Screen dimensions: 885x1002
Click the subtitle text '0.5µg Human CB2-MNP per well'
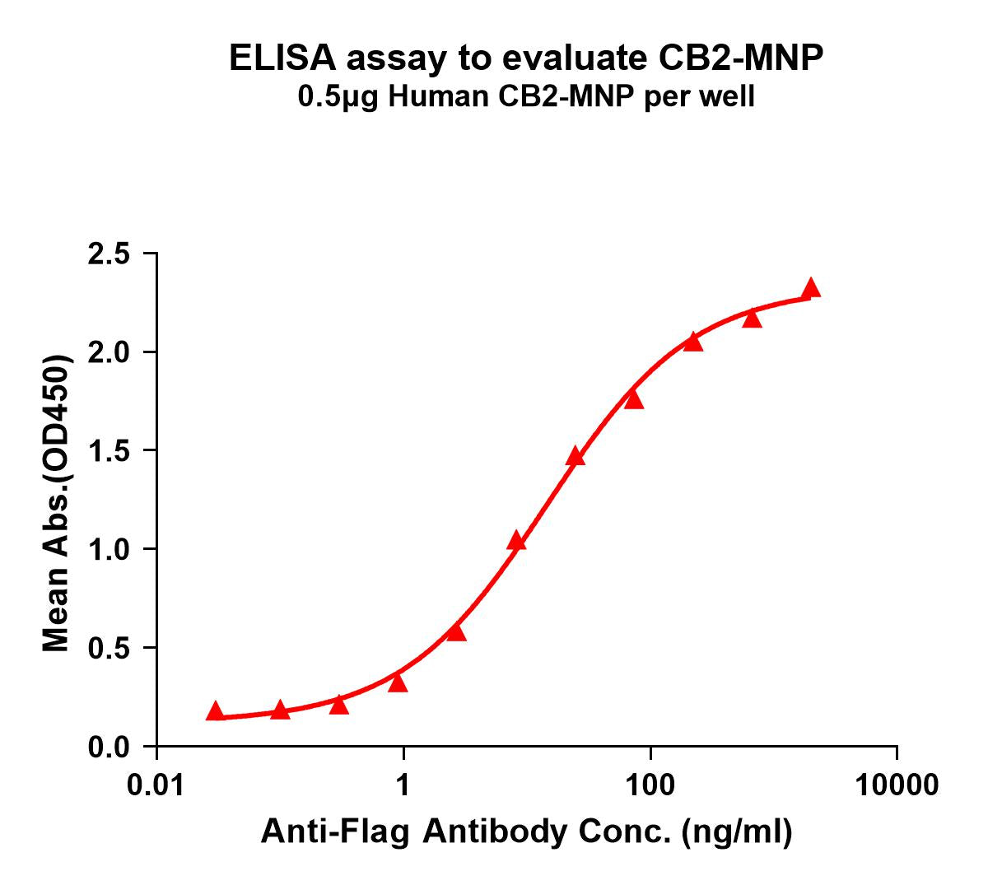[x=526, y=98]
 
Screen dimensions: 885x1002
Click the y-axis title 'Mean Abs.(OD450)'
[x=56, y=505]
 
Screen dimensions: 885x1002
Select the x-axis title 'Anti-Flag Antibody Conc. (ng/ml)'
[x=526, y=833]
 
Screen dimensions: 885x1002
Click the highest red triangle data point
[x=811, y=288]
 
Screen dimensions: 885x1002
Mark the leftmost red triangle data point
[x=215, y=711]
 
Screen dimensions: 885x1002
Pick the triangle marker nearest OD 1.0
[x=516, y=541]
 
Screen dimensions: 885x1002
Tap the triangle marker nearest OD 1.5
[x=576, y=457]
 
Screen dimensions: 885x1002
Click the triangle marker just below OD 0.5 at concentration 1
[x=398, y=682]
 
